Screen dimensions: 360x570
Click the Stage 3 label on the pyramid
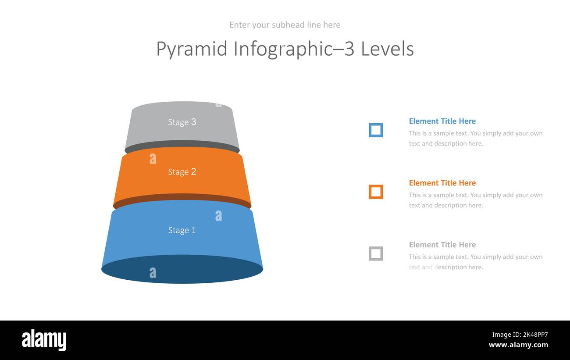coord(182,122)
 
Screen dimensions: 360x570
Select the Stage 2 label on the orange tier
coord(182,172)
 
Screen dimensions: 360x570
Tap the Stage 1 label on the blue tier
coord(182,230)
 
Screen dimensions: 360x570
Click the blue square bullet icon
coord(376,130)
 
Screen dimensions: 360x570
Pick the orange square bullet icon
coord(376,192)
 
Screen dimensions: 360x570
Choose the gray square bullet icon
coord(376,254)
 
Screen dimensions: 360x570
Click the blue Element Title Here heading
coord(442,121)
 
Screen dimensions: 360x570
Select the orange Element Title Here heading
coord(442,183)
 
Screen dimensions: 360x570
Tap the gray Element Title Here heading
coord(442,245)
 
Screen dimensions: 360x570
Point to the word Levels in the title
coord(387,49)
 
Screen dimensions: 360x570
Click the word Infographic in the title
coord(283,49)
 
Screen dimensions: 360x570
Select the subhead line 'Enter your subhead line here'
coord(285,25)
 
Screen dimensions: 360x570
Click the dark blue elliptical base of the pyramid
coord(182,271)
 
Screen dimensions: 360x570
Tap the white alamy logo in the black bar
coord(44,340)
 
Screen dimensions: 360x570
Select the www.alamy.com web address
coord(518,345)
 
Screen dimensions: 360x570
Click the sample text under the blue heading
coord(475,139)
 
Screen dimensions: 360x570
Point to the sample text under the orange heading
coord(475,200)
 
